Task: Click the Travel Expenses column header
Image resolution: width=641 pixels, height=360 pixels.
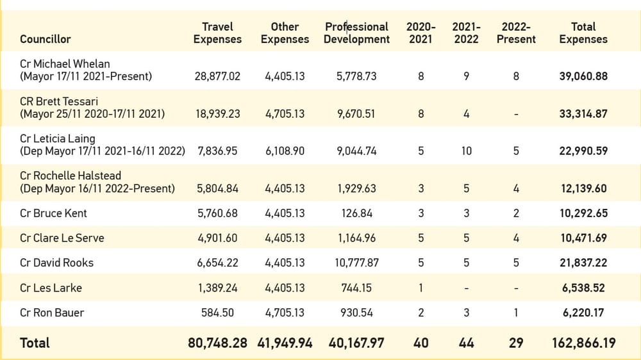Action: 217,33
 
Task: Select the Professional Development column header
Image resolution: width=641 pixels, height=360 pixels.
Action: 356,33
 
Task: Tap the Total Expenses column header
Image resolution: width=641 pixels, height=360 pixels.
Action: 583,33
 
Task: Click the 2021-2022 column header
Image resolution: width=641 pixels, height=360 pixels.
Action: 466,33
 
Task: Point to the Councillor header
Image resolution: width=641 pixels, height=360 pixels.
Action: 45,39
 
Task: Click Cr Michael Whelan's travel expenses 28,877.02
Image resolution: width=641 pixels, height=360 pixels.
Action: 217,76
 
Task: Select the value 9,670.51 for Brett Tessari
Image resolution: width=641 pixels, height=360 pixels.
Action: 356,114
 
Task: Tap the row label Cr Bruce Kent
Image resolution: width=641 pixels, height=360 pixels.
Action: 53,213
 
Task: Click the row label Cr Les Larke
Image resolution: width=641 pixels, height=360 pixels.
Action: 51,288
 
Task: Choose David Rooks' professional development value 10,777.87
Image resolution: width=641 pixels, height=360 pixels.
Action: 356,263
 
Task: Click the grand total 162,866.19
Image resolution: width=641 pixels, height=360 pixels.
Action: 583,343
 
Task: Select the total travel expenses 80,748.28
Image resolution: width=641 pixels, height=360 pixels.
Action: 217,343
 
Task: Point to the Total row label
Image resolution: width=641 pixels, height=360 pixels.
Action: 35,343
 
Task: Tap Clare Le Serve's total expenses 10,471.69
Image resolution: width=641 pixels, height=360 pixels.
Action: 583,238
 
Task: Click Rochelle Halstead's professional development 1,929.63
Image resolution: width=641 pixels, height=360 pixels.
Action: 356,189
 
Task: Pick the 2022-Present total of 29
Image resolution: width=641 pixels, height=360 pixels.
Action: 516,343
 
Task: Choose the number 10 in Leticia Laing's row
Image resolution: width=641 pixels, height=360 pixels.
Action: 466,151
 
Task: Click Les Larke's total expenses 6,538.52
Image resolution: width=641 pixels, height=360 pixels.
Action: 583,288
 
